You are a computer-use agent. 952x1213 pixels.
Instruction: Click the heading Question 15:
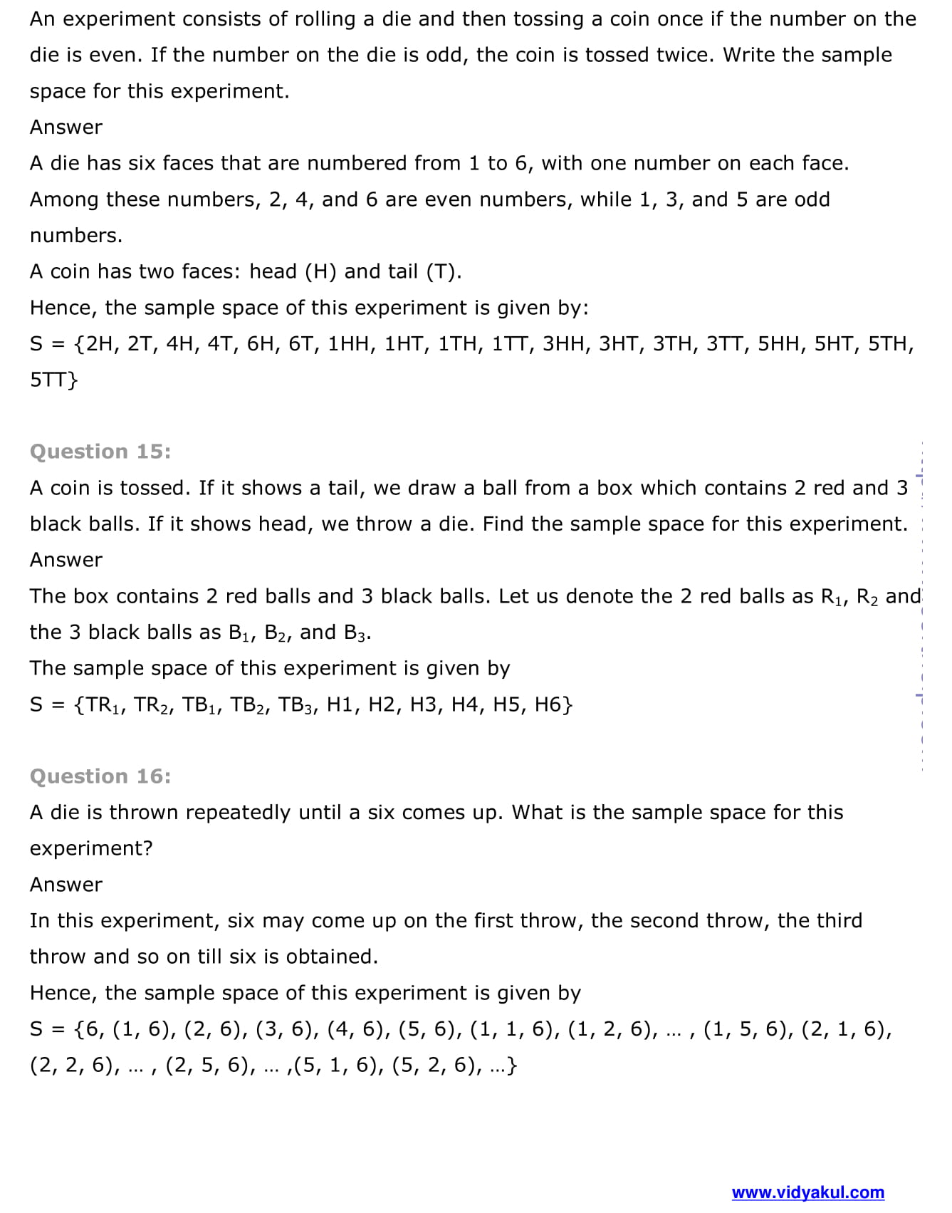(x=100, y=452)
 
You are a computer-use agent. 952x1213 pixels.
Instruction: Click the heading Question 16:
(x=100, y=776)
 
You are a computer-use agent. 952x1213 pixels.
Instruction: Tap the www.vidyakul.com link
(x=807, y=1192)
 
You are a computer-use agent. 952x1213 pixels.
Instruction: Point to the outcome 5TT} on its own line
(x=53, y=380)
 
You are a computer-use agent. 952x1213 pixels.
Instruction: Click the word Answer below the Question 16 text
(x=66, y=885)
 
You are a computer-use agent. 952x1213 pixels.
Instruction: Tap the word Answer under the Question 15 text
(x=66, y=560)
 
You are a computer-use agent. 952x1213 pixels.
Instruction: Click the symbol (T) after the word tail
(x=441, y=271)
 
